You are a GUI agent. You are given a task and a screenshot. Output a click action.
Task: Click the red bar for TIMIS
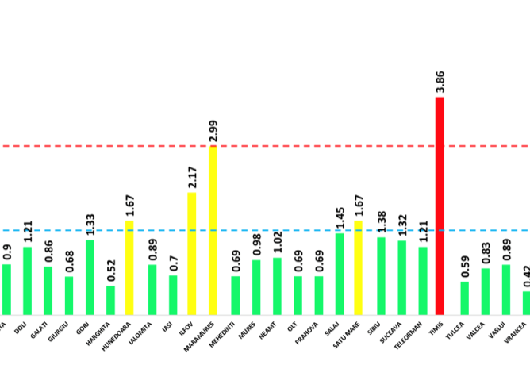440,206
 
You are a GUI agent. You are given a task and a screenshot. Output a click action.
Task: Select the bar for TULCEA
465,298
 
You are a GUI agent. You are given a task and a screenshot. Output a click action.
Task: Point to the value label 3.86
440,83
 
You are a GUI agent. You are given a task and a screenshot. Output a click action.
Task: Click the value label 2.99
213,131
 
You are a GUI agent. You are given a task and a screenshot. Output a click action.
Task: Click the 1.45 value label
340,218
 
